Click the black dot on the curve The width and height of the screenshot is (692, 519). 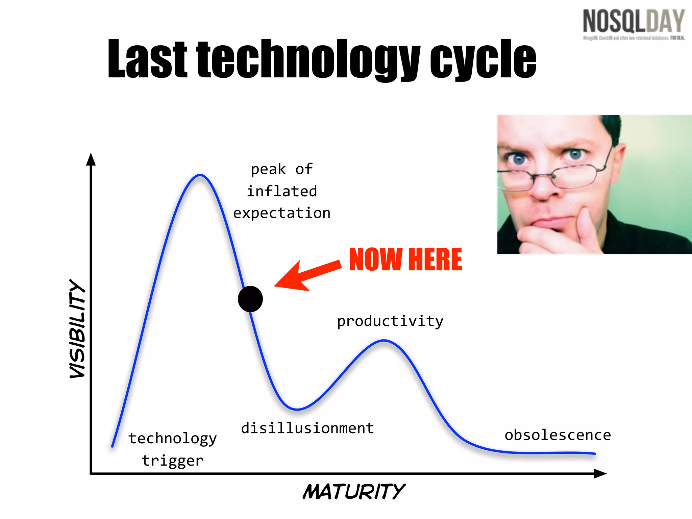pyautogui.click(x=250, y=299)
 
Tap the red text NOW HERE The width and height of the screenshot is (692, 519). pyautogui.click(x=405, y=259)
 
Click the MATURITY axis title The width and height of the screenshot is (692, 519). pyautogui.click(x=353, y=492)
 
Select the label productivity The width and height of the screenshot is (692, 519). pyautogui.click(x=390, y=321)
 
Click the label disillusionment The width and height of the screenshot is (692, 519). pyautogui.click(x=307, y=428)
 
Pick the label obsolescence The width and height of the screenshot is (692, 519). pyautogui.click(x=558, y=435)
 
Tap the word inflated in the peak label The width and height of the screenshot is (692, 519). pyautogui.click(x=282, y=191)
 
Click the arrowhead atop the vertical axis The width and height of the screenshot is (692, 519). pyautogui.click(x=91, y=159)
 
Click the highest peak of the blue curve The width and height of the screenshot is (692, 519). pyautogui.click(x=200, y=175)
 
